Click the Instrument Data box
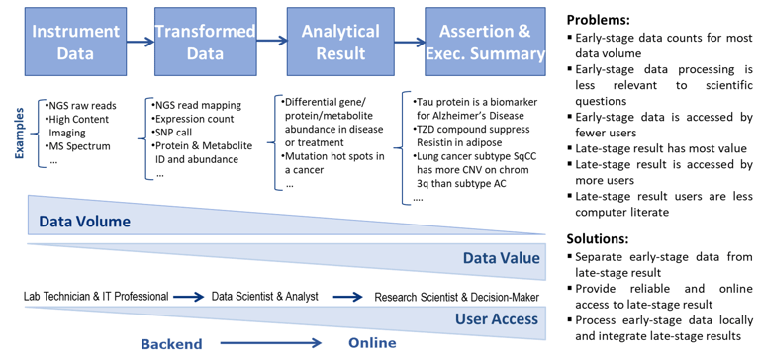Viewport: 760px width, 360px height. [75, 42]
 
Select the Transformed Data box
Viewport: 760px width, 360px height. [205, 42]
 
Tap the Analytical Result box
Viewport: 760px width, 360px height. [339, 42]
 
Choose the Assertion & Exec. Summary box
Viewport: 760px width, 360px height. [485, 42]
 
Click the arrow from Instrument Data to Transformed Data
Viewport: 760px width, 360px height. [141, 43]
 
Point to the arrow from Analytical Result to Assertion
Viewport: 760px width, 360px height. [409, 43]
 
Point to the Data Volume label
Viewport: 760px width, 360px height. [85, 222]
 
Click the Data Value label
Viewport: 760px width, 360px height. [501, 258]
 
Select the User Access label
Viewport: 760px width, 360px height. [497, 319]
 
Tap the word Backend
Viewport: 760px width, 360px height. [171, 344]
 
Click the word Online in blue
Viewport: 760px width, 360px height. [372, 343]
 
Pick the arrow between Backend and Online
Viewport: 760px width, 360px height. [270, 343]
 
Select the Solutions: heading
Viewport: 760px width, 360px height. [598, 239]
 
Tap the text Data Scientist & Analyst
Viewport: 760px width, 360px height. [264, 296]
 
